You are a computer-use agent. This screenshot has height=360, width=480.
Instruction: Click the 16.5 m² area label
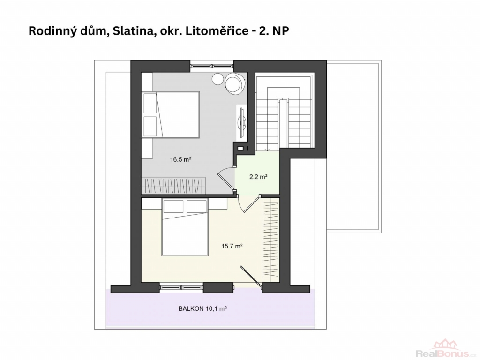pyautogui.click(x=180, y=159)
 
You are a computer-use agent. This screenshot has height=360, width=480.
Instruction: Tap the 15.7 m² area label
pyautogui.click(x=232, y=246)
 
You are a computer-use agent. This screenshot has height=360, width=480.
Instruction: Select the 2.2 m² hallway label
pyautogui.click(x=258, y=177)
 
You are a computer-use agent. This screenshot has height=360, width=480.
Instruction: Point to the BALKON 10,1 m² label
pyautogui.click(x=202, y=308)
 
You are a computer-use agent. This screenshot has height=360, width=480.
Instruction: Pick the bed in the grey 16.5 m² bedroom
pyautogui.click(x=171, y=114)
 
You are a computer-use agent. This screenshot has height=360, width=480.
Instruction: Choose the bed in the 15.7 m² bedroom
pyautogui.click(x=185, y=227)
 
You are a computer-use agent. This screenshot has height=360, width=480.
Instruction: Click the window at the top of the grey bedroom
pyautogui.click(x=211, y=66)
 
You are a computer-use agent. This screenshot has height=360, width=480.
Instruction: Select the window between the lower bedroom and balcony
pyautogui.click(x=181, y=287)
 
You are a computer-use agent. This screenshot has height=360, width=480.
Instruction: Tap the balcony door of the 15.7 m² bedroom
pyautogui.click(x=252, y=277)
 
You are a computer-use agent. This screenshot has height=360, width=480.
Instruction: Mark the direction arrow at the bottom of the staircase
pyautogui.click(x=268, y=149)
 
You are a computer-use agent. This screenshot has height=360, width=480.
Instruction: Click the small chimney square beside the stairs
pyautogui.click(x=240, y=149)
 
